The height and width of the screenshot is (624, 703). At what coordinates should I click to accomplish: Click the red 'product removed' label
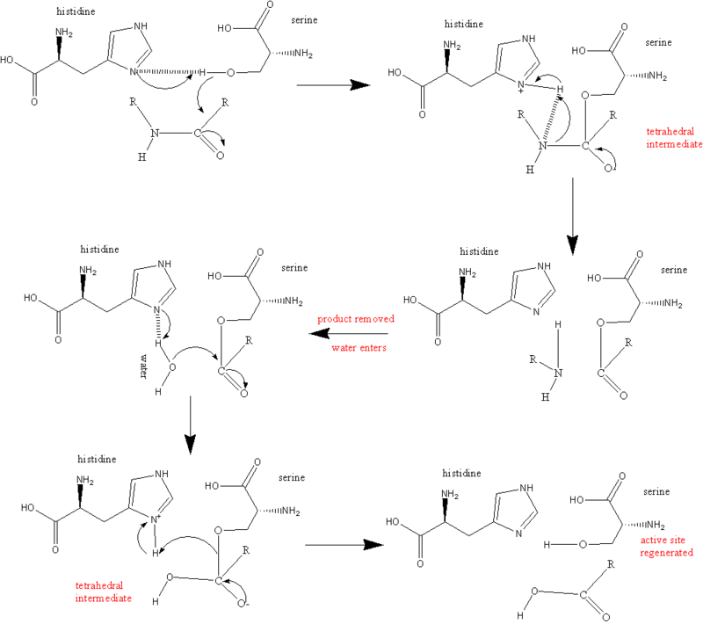[356, 319]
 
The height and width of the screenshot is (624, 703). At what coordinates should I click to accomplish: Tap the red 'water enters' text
[359, 347]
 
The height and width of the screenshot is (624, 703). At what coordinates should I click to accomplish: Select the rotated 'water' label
[143, 366]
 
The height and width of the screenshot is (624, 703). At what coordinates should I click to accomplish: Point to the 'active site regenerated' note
[666, 546]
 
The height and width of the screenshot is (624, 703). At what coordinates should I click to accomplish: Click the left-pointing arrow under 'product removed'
[348, 333]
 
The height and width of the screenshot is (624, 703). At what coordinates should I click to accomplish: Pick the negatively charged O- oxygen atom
[243, 604]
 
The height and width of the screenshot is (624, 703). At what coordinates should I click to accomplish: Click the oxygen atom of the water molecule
[172, 367]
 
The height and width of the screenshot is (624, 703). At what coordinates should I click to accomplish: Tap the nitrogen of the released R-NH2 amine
[558, 373]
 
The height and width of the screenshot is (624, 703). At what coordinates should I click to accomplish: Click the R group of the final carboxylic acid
[611, 564]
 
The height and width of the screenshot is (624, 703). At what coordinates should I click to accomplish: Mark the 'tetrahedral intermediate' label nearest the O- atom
[103, 591]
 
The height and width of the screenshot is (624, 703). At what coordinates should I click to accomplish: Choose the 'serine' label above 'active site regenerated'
[656, 492]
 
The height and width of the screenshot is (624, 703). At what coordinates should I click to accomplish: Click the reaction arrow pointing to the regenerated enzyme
[344, 545]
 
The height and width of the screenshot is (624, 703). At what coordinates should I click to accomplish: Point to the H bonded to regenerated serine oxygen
[547, 545]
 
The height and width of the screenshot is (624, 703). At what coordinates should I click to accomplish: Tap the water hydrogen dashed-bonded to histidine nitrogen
[158, 343]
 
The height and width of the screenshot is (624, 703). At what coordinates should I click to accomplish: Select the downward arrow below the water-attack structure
[191, 425]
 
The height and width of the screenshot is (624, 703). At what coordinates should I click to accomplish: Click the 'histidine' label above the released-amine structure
[479, 251]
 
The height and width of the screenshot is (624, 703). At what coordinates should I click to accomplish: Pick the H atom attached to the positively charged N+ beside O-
[156, 553]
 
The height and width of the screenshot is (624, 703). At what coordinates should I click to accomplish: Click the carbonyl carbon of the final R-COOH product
[583, 595]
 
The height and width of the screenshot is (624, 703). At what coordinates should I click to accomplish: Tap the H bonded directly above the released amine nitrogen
[558, 324]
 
